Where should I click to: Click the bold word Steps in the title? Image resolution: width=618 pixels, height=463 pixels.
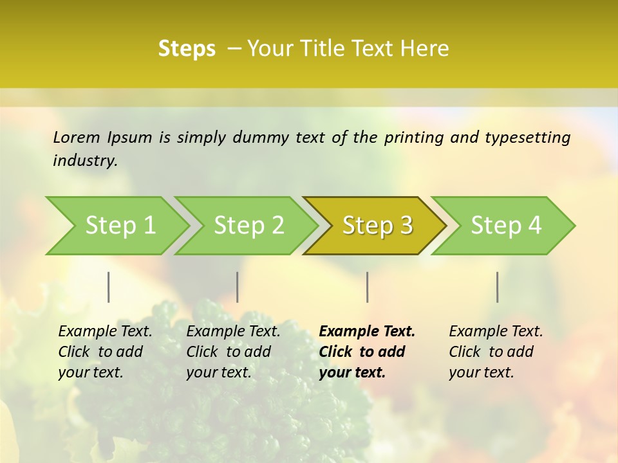point(187,49)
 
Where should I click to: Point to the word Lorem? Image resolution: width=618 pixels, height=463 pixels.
point(76,138)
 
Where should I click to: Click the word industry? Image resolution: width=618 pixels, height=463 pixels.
point(85,161)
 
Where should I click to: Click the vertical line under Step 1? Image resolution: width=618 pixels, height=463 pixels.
point(109,287)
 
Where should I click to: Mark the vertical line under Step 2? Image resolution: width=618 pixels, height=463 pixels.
point(238,287)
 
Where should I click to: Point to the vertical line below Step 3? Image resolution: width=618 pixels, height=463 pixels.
point(368,287)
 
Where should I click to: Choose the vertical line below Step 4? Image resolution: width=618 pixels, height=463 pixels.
point(498,287)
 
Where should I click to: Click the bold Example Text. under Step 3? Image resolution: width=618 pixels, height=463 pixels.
point(367,332)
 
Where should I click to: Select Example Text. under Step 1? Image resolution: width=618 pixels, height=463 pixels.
point(105,332)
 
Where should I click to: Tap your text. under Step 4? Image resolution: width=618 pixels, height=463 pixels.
point(481,372)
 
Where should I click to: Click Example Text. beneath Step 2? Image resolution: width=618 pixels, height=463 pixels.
point(233,332)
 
